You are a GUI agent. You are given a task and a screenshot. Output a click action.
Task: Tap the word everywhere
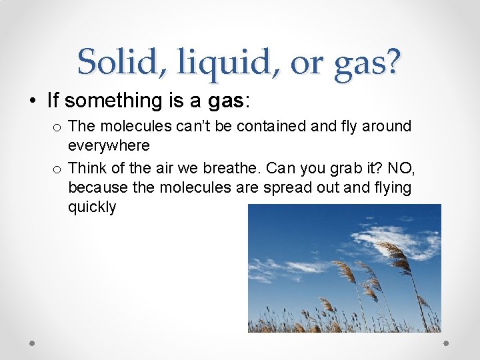click(x=109, y=145)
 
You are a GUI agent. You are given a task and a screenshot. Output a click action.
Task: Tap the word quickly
click(x=92, y=207)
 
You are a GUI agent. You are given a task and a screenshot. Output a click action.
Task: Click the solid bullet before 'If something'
click(x=32, y=101)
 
